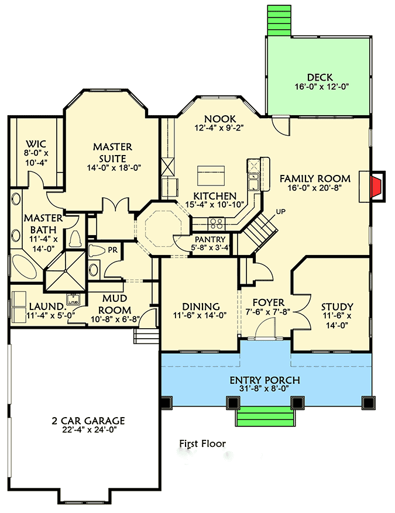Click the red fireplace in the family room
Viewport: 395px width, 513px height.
point(379,187)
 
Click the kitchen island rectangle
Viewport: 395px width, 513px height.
point(211,174)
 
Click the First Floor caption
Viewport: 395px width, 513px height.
point(202,444)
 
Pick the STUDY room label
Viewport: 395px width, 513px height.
point(337,307)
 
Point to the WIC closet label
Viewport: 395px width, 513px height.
point(36,144)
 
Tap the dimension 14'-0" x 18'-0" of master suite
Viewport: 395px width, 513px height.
point(113,168)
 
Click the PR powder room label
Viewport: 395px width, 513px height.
point(112,249)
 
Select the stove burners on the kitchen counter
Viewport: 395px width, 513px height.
point(215,222)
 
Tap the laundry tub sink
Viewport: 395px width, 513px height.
point(73,300)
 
